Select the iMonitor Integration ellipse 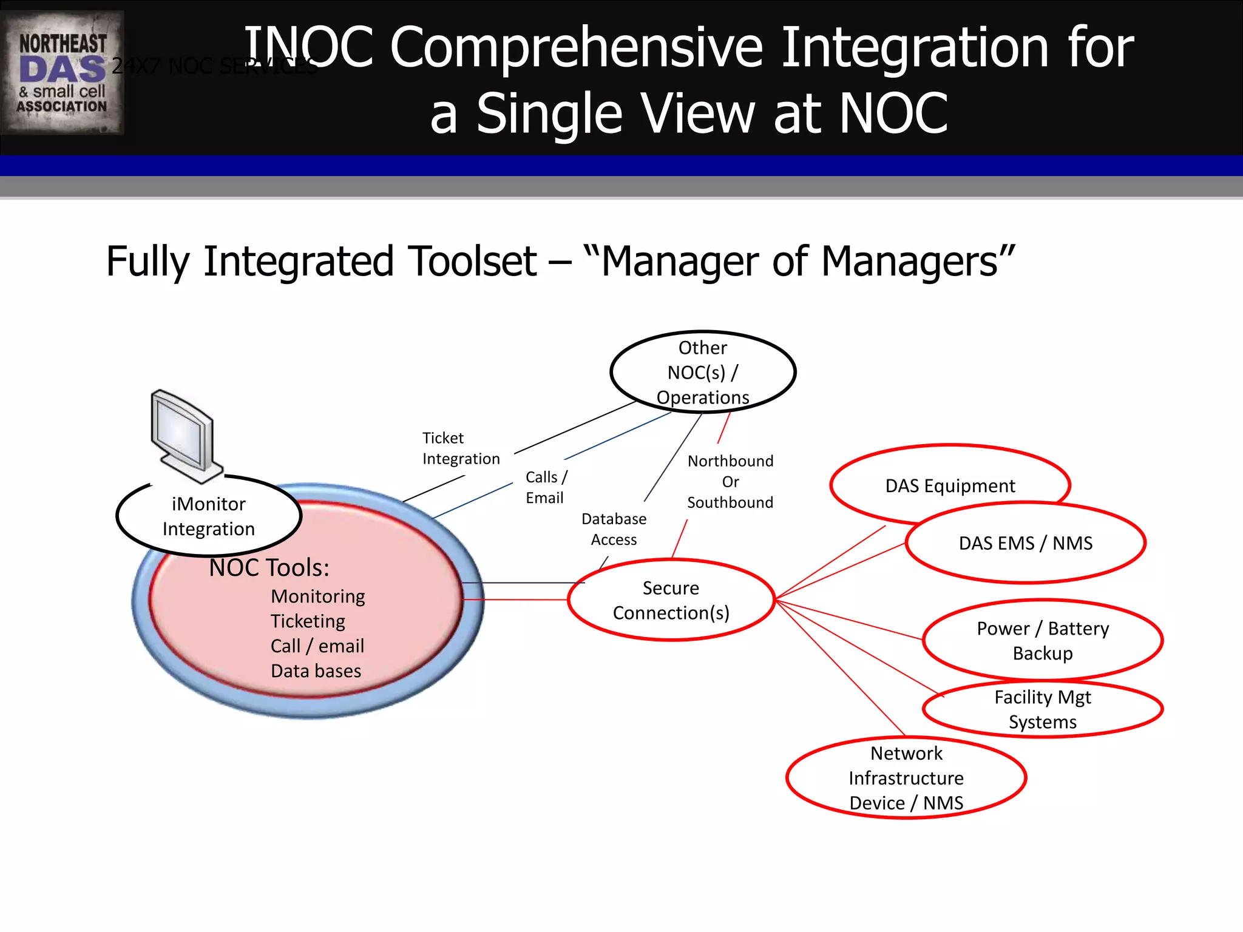coord(208,516)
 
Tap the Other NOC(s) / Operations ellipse coord(702,372)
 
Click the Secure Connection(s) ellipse coord(671,600)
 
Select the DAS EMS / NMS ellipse coord(1025,543)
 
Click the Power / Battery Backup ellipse coord(1042,641)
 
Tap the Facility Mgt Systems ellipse coord(1042,709)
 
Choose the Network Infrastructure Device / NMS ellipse coord(906,778)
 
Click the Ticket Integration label coord(461,448)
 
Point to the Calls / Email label coord(546,487)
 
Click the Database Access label coord(614,529)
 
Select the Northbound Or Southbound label coord(730,482)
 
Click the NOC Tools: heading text coord(269,568)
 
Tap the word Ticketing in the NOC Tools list coord(308,621)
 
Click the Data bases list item coord(316,671)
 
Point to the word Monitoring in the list coord(317,596)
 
